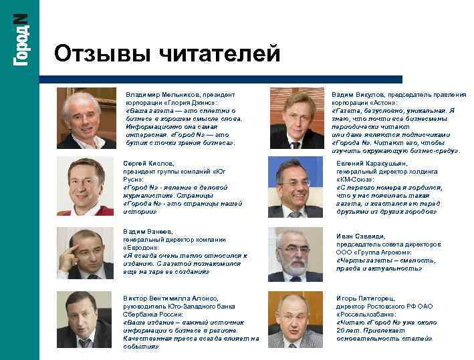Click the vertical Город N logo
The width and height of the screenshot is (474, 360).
click(19, 41)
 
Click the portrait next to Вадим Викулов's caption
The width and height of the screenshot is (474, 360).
click(295, 119)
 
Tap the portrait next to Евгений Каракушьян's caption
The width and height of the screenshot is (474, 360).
click(295, 188)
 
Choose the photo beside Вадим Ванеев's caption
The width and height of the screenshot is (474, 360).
click(85, 252)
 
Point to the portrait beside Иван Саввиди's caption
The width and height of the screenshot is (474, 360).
click(295, 254)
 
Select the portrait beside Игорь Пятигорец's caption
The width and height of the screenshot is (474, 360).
click(295, 320)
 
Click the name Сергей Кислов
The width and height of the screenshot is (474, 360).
click(149, 163)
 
